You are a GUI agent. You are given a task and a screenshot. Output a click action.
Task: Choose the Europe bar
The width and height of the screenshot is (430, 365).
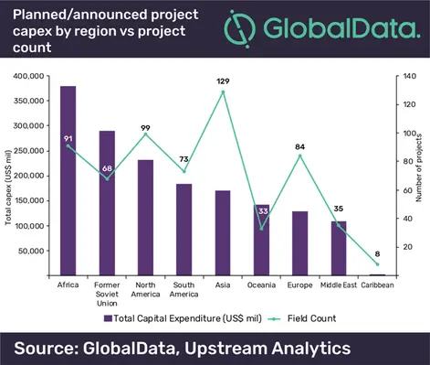point(299,243)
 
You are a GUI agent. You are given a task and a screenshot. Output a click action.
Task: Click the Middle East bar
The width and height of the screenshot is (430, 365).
point(339,248)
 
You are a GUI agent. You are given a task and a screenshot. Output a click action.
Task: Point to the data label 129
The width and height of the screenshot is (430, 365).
point(222,81)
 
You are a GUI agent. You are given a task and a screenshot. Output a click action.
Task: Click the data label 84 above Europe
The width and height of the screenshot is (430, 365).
point(299,145)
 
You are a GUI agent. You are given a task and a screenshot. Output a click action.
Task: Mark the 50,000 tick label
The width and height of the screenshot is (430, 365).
point(36,251)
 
